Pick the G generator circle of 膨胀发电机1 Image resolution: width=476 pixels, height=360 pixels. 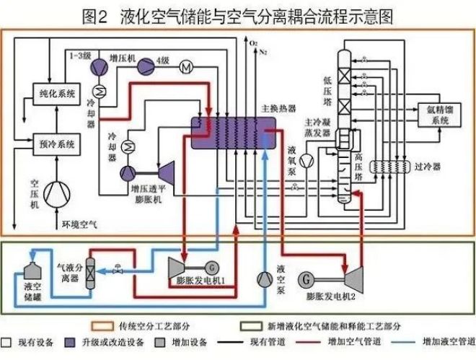210,266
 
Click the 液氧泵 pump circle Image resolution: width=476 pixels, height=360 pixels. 307,159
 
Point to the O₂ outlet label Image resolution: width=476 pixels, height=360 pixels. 253,45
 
